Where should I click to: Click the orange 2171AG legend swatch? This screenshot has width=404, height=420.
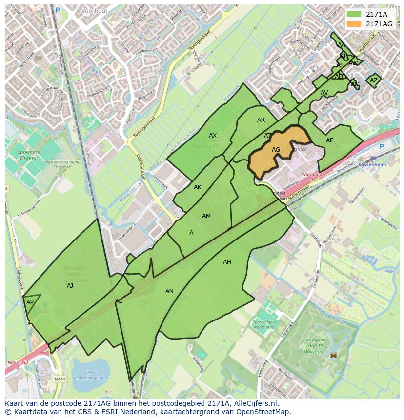point(354,24)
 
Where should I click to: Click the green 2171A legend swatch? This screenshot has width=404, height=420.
point(354,14)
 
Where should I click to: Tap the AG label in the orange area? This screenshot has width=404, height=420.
point(276,150)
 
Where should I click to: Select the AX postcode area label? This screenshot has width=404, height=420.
point(213,136)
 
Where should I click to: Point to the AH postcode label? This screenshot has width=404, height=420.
point(227,262)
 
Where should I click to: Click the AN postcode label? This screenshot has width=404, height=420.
point(169,291)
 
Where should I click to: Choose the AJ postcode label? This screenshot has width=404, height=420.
point(70,286)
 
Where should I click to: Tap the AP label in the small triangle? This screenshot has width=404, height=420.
point(30,302)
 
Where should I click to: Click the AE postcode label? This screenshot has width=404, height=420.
point(330,140)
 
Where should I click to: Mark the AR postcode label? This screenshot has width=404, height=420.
point(261,120)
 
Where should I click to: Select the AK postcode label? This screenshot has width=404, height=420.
point(198,187)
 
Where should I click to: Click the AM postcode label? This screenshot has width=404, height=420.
point(206,216)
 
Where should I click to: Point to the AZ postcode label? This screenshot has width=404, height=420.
point(374,80)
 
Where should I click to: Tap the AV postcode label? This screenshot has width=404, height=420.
point(324,93)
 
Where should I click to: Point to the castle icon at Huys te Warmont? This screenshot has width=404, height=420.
point(334,355)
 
